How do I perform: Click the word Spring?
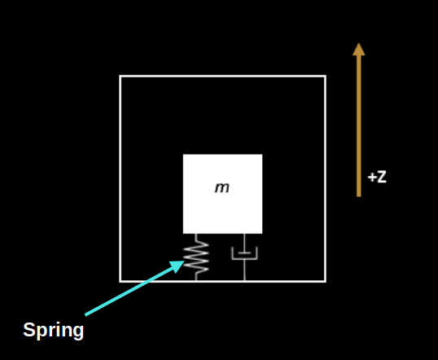coord(54,331)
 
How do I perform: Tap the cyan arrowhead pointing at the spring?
coord(177,266)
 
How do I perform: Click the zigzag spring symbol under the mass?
coord(196,257)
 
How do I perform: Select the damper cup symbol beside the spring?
coord(244,253)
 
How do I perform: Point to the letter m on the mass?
coord(222,188)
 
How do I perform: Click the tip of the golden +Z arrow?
coord(359,43)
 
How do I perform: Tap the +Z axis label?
coord(377,178)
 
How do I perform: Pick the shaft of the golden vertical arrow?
coord(359,125)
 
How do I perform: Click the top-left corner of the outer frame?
coord(120,76)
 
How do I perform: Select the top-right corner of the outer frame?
coord(326,76)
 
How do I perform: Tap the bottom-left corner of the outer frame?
coord(120,282)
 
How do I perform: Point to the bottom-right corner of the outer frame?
coord(326,282)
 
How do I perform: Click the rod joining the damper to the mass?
coord(244,244)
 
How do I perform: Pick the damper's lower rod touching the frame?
coord(244,270)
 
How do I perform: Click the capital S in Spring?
coord(29,329)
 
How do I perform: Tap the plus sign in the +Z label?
coord(371,178)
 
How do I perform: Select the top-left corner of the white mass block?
coord(183,154)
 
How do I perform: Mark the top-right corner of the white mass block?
coord(262,154)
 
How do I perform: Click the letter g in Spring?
coord(78,332)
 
